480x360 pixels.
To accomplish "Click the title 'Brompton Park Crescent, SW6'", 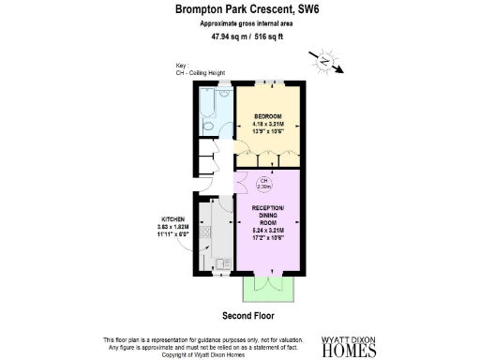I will pyautogui.click(x=239, y=10).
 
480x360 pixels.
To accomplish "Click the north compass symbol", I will pyautogui.click(x=322, y=60).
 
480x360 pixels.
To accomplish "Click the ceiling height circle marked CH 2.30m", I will pyautogui.click(x=264, y=184).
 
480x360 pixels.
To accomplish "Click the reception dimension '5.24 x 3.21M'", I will pyautogui.click(x=273, y=232).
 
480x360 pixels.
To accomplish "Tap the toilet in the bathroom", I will pyautogui.click(x=224, y=95).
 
